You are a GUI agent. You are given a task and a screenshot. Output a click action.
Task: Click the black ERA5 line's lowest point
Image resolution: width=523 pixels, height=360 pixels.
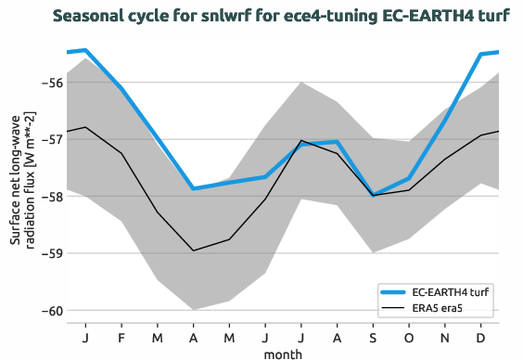(x=193, y=251)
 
